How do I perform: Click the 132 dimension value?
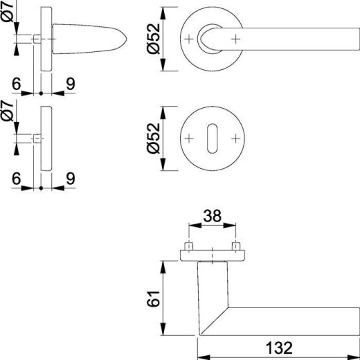[276, 347]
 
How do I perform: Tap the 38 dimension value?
[213, 217]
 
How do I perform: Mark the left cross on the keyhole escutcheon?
[189, 138]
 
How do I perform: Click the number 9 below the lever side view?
[69, 82]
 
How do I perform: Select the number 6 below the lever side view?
[15, 82]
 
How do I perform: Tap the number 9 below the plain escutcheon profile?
[69, 178]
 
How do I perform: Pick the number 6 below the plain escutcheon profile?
[15, 178]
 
